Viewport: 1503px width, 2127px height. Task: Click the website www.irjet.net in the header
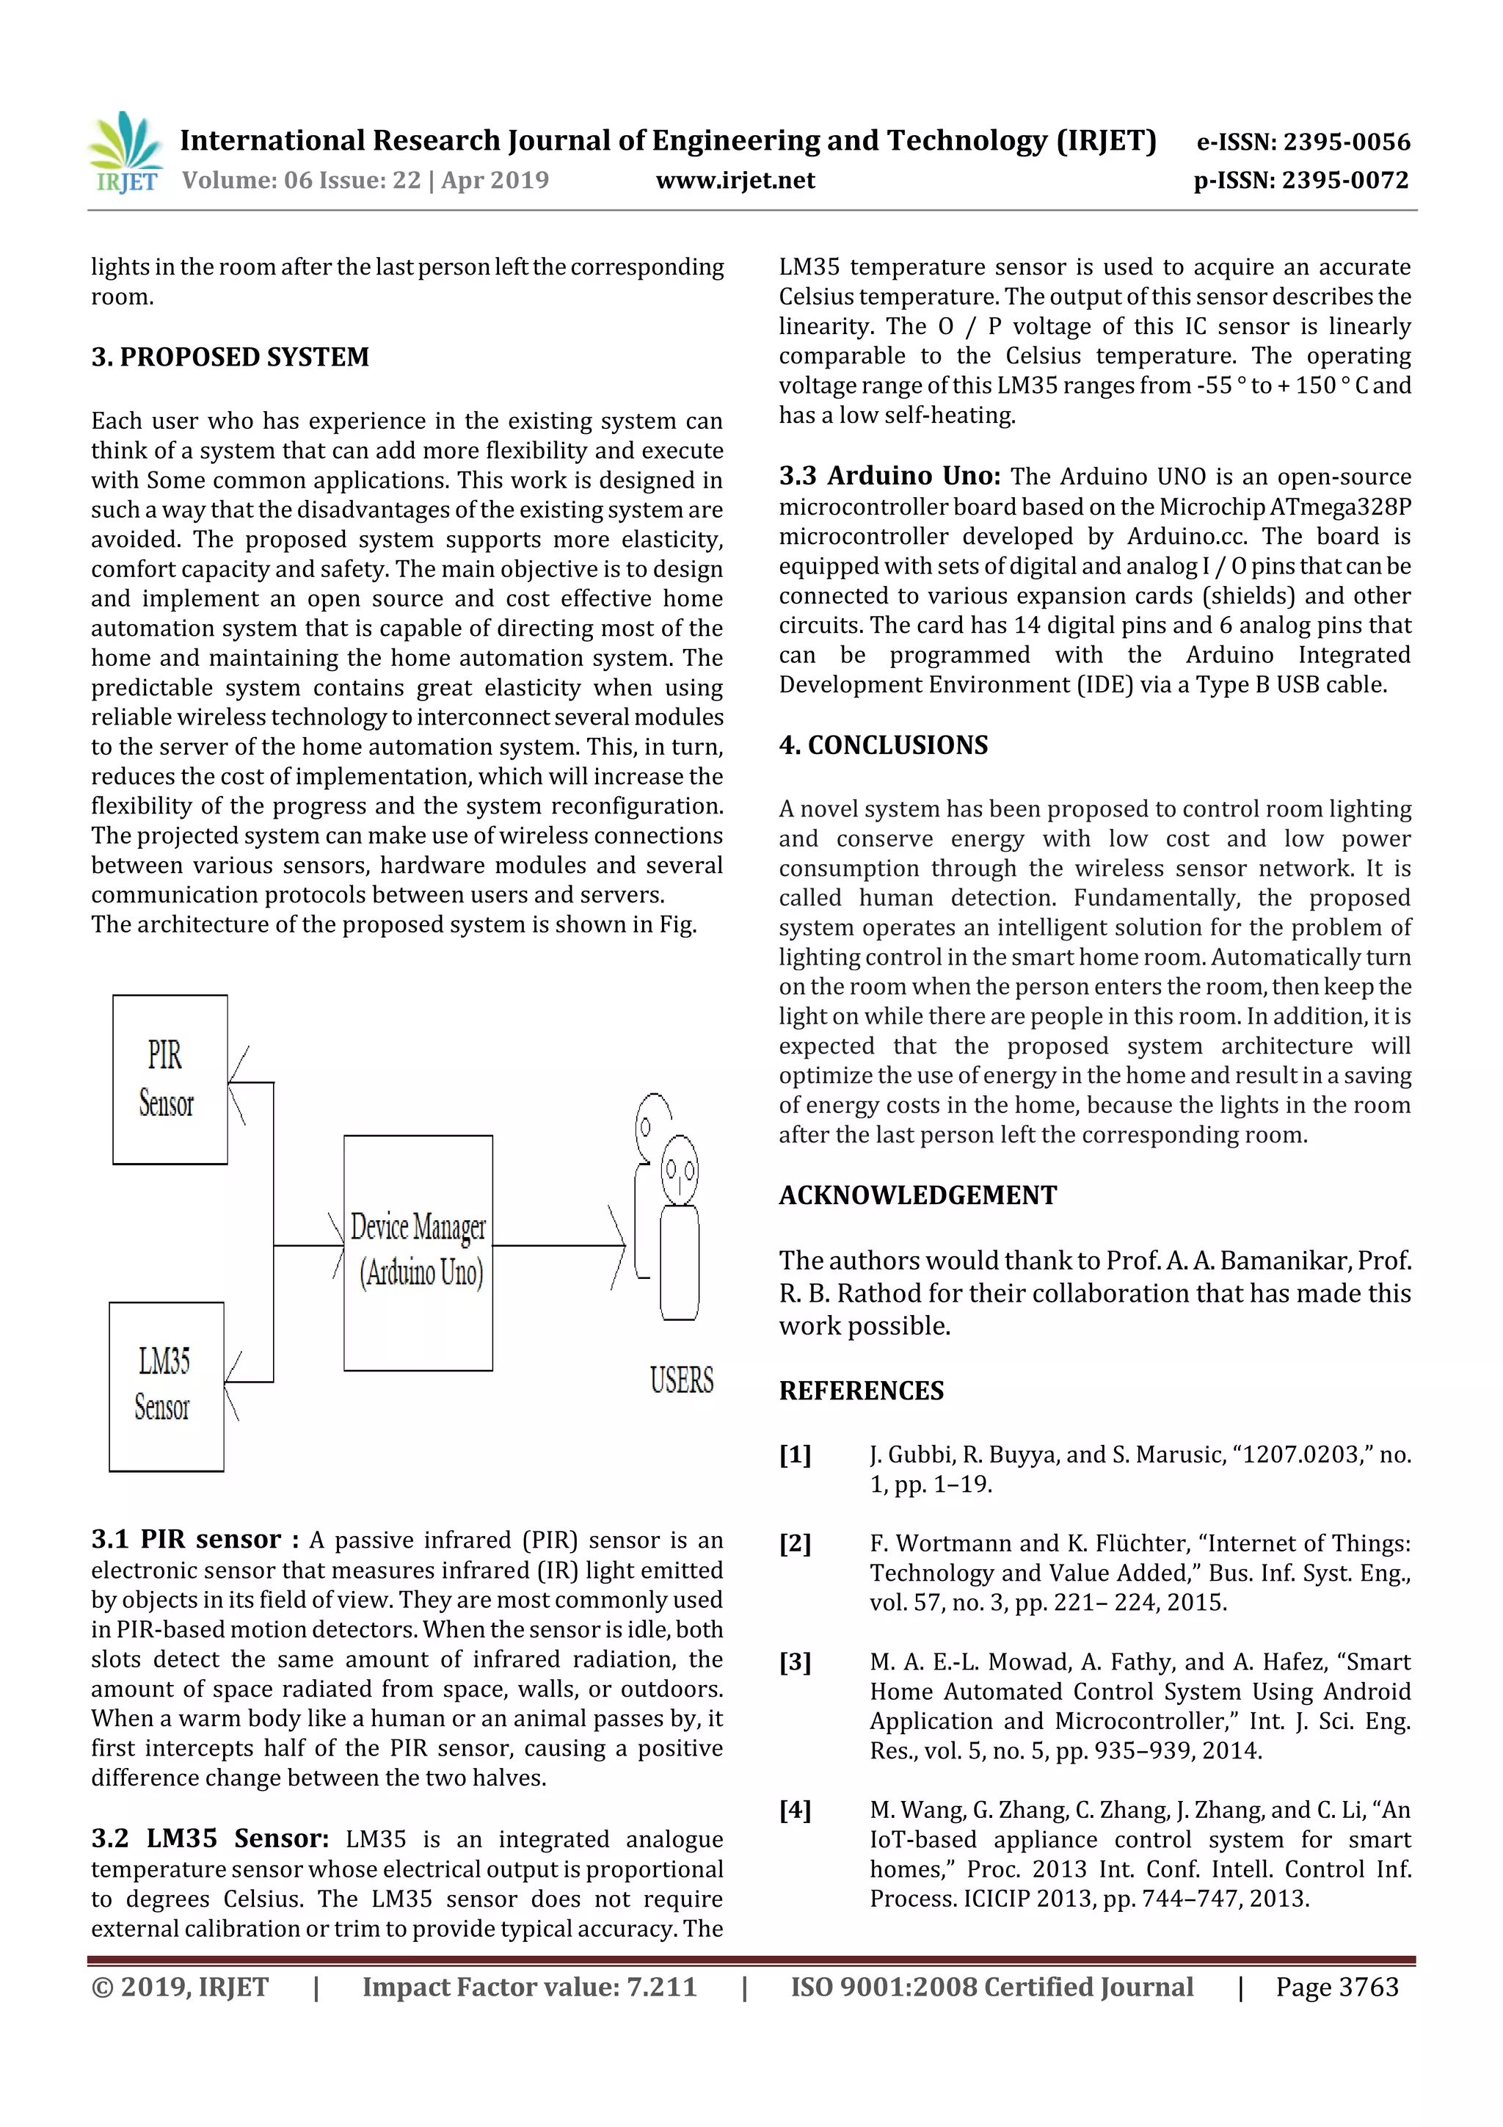pos(735,181)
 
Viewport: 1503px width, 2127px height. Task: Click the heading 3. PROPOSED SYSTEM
pos(230,358)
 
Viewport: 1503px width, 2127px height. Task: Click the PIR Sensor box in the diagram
pos(170,1079)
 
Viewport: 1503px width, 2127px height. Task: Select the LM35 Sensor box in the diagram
pos(166,1386)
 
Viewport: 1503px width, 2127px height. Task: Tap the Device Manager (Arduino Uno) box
pos(418,1252)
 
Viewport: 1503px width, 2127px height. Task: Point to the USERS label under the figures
pos(682,1380)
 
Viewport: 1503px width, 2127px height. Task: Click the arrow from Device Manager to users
pos(559,1245)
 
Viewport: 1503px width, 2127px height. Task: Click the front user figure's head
pos(680,1170)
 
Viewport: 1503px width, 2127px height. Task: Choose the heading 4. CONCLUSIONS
pos(884,746)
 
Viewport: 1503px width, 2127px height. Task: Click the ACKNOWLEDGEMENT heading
pos(918,1196)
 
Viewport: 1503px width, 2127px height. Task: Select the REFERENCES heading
pos(862,1391)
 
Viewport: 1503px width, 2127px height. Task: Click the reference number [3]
pos(795,1662)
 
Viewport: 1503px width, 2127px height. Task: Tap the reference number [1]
pos(795,1455)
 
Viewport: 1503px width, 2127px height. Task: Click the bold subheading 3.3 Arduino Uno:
pos(889,477)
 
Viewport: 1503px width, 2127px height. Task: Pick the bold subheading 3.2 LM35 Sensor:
pos(210,1839)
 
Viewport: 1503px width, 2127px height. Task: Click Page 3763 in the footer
pos(1336,1987)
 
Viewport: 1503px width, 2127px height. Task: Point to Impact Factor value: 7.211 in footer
pos(529,1987)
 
